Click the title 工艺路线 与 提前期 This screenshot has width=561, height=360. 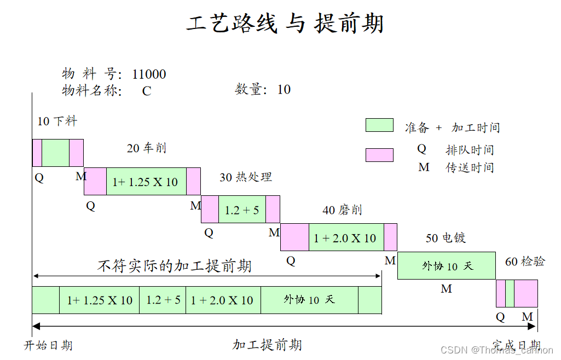(x=285, y=24)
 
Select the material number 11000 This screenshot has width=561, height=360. (x=149, y=74)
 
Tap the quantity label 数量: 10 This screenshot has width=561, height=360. (x=263, y=90)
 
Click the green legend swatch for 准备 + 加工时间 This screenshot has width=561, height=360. (x=379, y=125)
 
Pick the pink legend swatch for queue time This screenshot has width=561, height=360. (x=379, y=155)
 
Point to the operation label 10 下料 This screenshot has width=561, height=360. (x=57, y=121)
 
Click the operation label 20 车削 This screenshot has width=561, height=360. (x=147, y=148)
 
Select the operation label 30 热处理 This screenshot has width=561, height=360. (x=246, y=177)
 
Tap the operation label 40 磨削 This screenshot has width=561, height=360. (x=342, y=210)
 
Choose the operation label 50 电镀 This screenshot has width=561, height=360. (x=446, y=238)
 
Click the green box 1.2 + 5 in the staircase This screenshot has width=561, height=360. (x=242, y=210)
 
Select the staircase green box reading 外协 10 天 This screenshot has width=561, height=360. (x=447, y=266)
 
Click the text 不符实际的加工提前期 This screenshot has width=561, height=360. (x=175, y=266)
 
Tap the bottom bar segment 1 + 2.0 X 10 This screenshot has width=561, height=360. (x=222, y=300)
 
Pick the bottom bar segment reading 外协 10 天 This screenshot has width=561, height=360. (x=309, y=300)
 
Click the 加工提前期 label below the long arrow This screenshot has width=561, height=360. (x=267, y=345)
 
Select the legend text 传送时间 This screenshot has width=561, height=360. (x=470, y=167)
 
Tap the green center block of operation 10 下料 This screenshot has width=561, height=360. (x=55, y=153)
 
